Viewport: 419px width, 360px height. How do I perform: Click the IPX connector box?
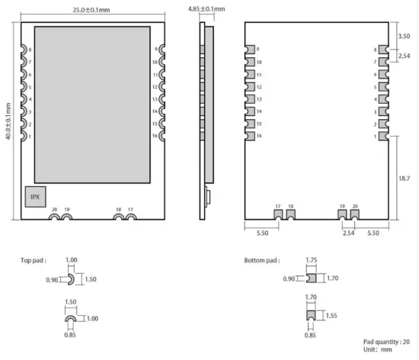coord(35,196)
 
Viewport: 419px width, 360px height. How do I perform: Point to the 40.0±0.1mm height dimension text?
coord(8,121)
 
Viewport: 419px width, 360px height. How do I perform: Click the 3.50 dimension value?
coord(403,36)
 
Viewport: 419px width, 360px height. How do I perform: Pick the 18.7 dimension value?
coord(404,178)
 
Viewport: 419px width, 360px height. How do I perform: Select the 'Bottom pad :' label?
coord(261,260)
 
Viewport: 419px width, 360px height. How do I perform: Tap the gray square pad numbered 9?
coord(249,49)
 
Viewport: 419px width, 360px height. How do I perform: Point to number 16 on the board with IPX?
coord(155,137)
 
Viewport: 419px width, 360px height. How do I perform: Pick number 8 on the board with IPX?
coord(30,50)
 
